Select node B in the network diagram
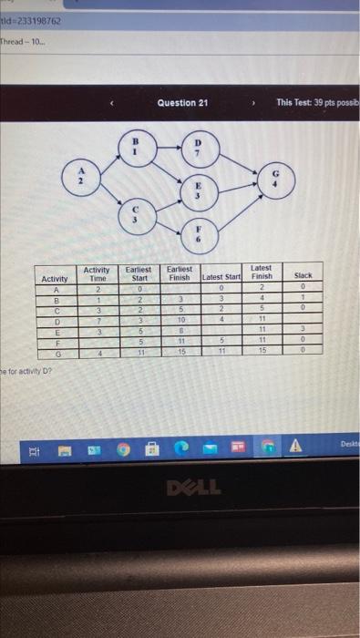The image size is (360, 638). (135, 149)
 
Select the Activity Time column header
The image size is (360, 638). (97, 273)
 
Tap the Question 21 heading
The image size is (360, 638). (182, 103)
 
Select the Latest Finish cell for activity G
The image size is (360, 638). (261, 353)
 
